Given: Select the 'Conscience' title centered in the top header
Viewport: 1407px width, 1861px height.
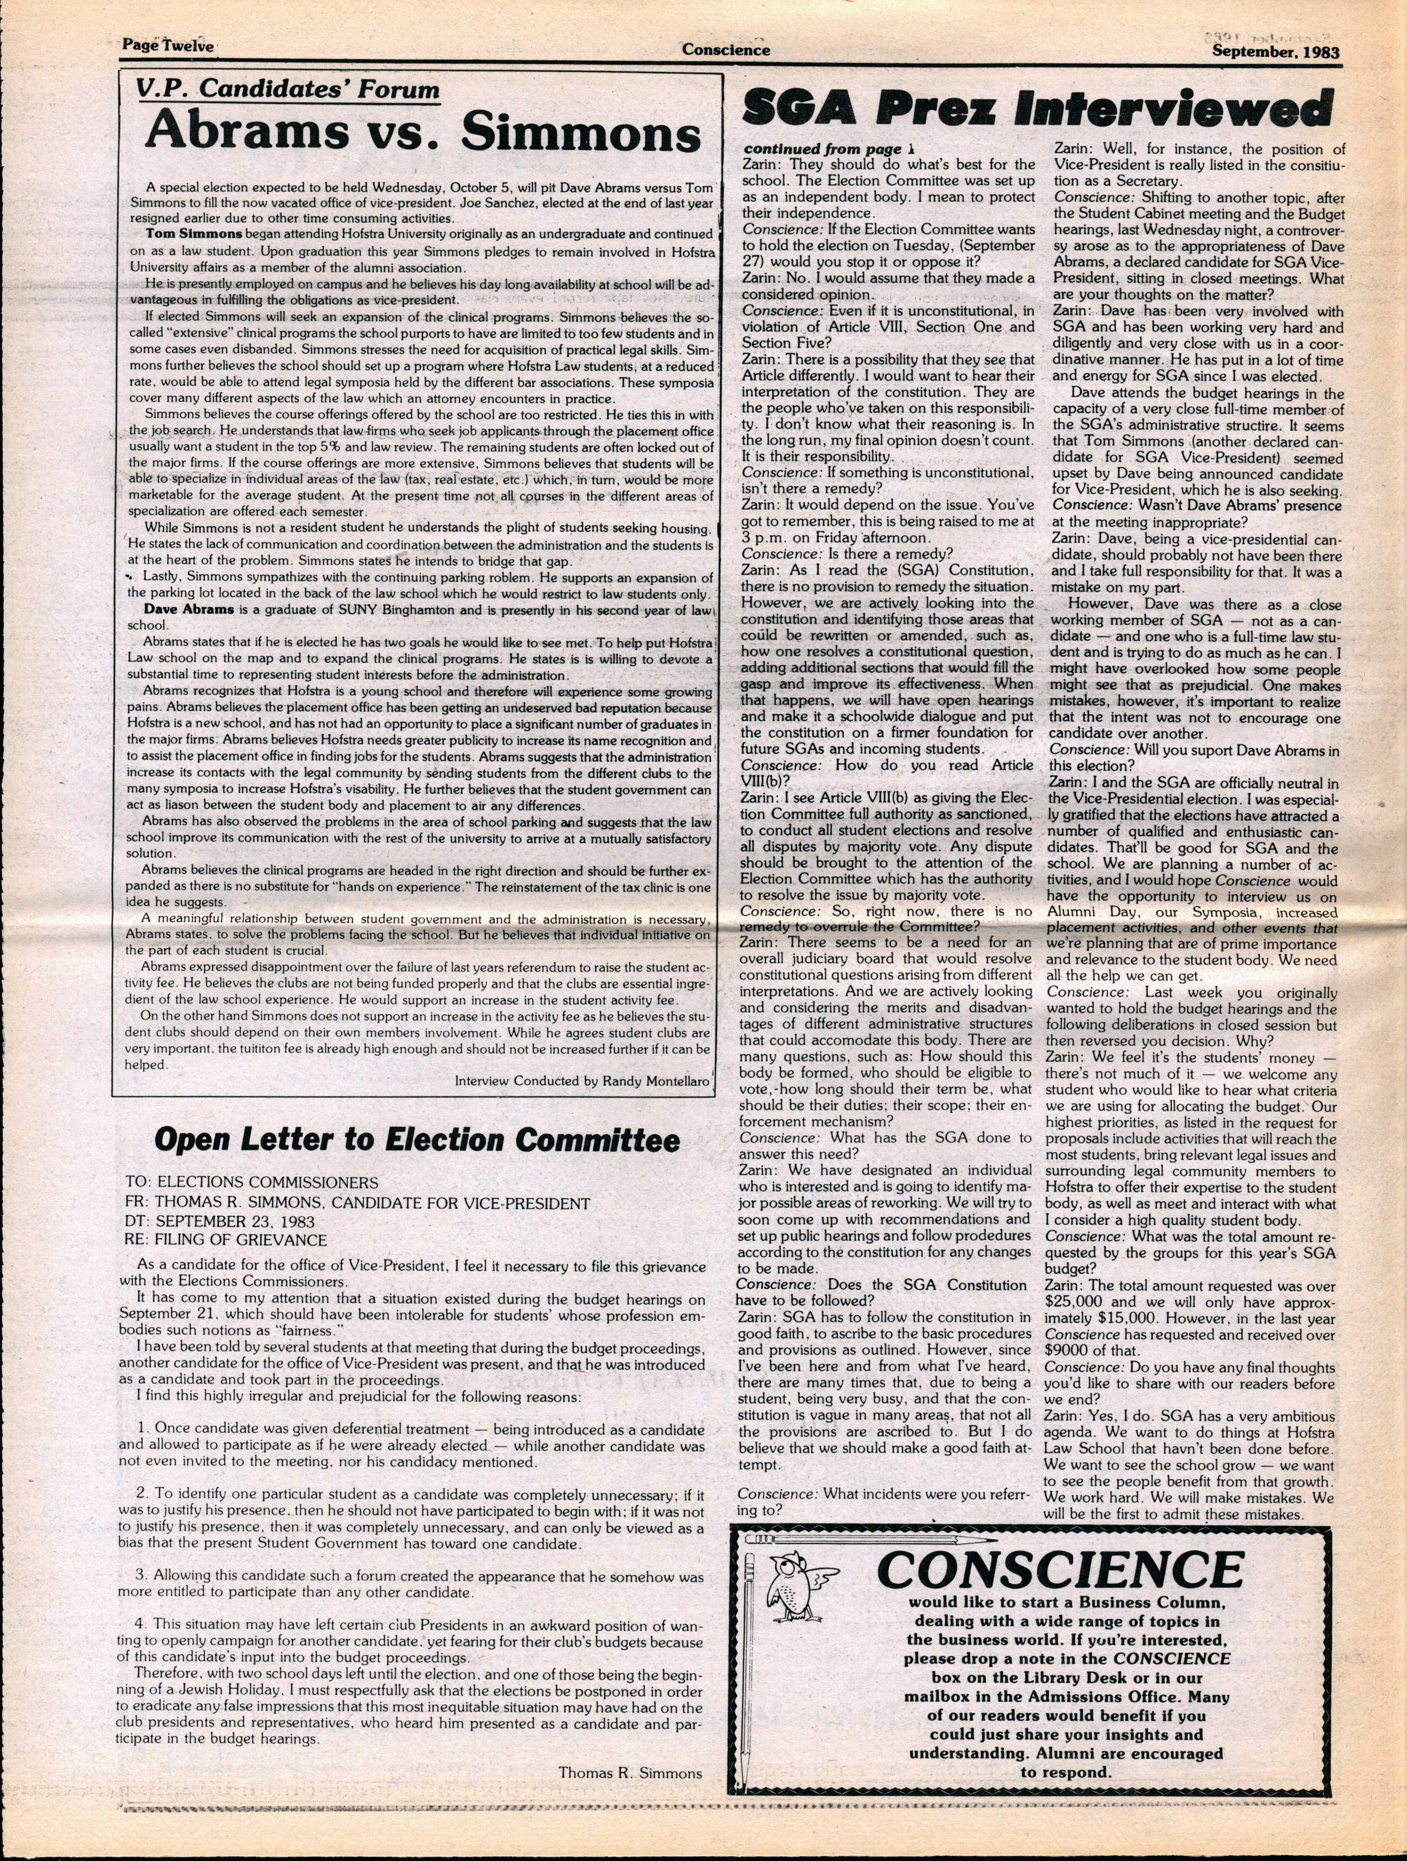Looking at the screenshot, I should [x=726, y=50].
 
